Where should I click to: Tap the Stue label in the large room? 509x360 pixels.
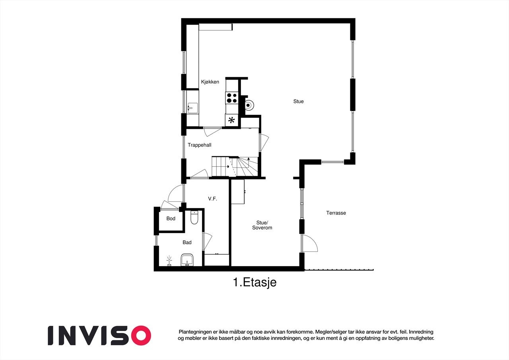coord(298,101)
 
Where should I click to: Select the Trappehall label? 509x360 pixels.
coord(199,145)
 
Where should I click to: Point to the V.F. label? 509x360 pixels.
coord(212,198)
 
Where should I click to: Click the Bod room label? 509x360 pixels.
coord(171,218)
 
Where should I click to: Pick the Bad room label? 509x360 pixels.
coord(187,242)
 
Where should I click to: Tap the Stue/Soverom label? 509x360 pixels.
coord(262,225)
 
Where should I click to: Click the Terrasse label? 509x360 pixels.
coord(336,213)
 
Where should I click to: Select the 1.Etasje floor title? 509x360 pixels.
coord(254,282)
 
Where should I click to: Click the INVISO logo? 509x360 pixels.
coord(99,335)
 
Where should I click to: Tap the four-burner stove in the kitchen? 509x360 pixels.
coord(232,97)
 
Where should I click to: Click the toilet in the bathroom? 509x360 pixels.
coord(194,218)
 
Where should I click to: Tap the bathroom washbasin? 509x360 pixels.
coord(187,260)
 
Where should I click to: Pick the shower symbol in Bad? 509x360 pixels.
coord(169,261)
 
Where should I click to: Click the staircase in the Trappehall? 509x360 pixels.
coord(235,166)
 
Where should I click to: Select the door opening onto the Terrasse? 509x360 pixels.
coord(309,243)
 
